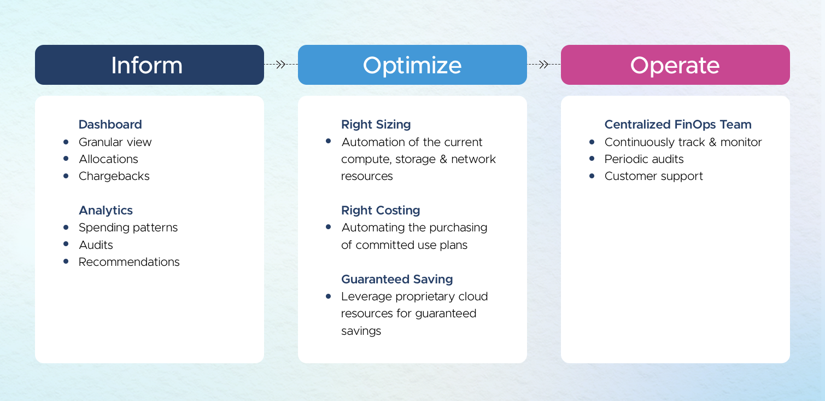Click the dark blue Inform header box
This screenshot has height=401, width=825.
click(150, 65)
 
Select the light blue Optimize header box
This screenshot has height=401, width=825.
click(412, 65)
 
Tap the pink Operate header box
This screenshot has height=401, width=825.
click(675, 65)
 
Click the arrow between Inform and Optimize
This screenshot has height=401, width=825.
click(281, 65)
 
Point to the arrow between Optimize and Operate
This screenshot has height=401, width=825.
click(544, 65)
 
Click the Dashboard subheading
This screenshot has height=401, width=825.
click(110, 125)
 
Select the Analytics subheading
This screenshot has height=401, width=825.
click(106, 211)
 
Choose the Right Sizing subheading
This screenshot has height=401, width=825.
click(376, 125)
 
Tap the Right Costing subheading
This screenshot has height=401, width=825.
click(381, 211)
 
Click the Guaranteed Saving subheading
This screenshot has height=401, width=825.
click(397, 280)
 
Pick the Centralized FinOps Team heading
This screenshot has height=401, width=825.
click(678, 125)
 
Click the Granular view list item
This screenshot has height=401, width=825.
click(115, 142)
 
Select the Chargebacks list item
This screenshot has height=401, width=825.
click(114, 176)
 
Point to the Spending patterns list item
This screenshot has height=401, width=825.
click(128, 228)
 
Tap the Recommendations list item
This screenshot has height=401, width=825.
click(129, 262)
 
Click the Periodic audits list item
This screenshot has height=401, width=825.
click(644, 159)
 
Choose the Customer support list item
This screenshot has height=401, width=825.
click(653, 176)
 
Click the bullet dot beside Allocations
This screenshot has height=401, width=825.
click(66, 159)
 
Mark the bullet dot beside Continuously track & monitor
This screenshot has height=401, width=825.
click(592, 142)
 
